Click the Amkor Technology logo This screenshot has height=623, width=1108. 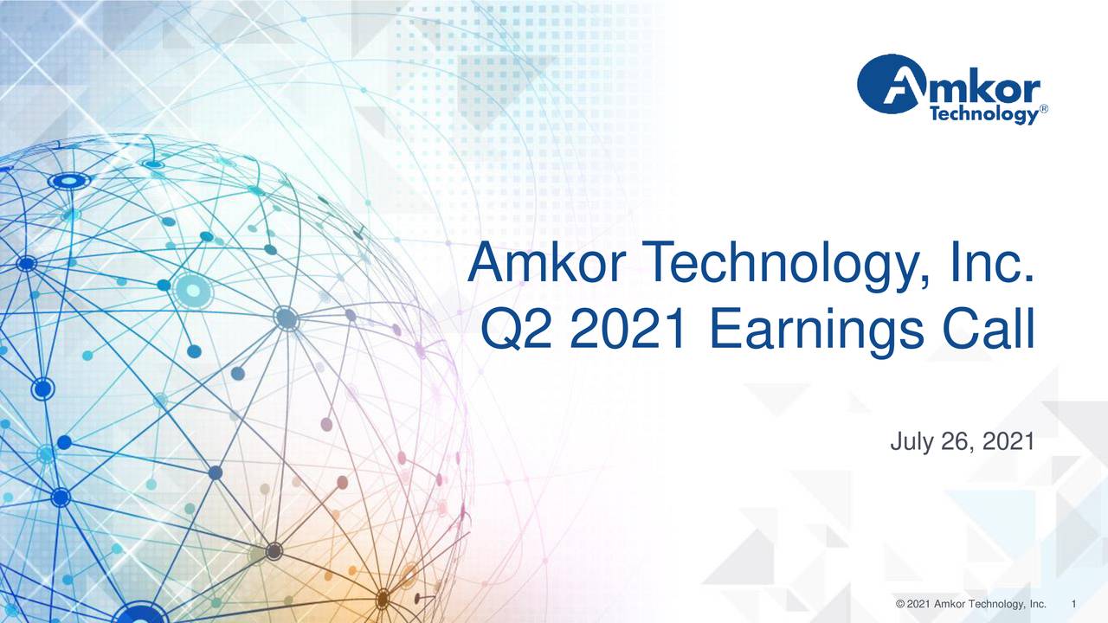point(949,89)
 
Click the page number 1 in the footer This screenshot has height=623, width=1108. point(1073,603)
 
